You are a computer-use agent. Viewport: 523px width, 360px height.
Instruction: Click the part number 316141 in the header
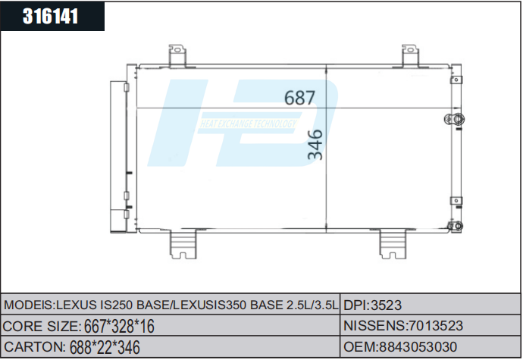pos(52,17)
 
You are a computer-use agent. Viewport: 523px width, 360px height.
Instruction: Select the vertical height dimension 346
pos(315,145)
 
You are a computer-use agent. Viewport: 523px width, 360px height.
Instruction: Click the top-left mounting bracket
pos(177,56)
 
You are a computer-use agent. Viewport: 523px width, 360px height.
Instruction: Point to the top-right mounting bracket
pos(410,56)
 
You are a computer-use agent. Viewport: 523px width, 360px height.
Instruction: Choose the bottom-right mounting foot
pos(394,243)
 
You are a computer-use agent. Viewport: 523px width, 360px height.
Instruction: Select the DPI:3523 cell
pos(372,305)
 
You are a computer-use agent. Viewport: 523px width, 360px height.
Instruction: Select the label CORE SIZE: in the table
pos(42,326)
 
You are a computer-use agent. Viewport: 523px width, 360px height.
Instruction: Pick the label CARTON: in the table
pos(34,346)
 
